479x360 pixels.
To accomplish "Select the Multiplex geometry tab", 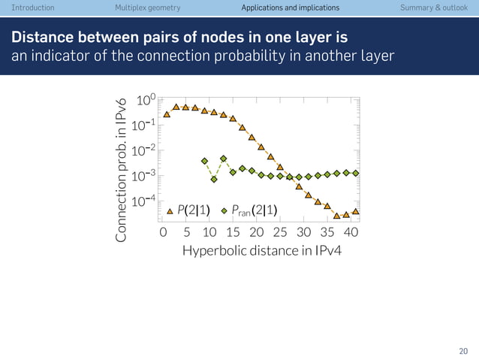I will [x=148, y=8].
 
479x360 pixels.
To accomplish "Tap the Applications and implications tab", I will [x=290, y=8].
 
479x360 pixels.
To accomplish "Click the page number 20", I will [x=463, y=350].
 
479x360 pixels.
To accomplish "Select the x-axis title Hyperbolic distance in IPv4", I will [x=261, y=250].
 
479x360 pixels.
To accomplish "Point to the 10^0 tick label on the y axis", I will [x=146, y=101].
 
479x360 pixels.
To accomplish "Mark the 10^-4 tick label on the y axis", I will [x=143, y=201].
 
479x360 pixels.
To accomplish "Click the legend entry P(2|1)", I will [x=192, y=210].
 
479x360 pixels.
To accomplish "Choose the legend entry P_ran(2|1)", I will [x=255, y=210].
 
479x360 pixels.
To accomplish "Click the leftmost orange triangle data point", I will [x=167, y=114].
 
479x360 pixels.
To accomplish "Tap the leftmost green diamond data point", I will [x=204, y=161].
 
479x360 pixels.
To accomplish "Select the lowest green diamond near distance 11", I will [x=214, y=180].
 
